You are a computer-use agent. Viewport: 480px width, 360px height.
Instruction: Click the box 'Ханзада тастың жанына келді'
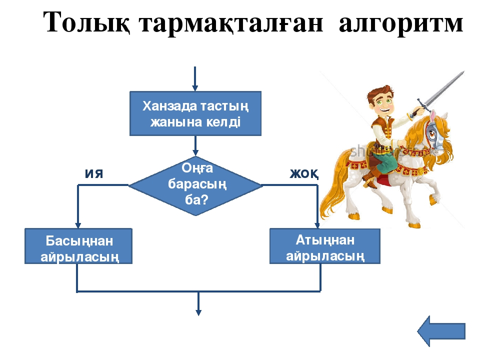click(195, 113)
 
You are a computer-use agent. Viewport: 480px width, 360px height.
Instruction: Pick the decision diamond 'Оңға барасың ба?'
click(195, 185)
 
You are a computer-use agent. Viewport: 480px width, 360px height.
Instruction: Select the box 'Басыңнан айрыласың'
click(78, 246)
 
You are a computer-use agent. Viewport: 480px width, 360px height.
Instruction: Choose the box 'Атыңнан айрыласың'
click(325, 246)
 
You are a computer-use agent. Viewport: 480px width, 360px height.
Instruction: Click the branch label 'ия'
click(94, 174)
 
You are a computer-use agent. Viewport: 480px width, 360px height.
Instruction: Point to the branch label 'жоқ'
click(304, 174)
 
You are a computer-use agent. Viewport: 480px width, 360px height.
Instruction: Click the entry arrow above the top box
click(195, 78)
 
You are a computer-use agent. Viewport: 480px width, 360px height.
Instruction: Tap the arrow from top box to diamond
click(195, 145)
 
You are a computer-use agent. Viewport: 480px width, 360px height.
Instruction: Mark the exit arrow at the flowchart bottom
click(198, 303)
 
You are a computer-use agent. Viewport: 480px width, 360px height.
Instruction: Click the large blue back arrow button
click(441, 331)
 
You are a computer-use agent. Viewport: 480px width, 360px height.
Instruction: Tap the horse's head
click(434, 129)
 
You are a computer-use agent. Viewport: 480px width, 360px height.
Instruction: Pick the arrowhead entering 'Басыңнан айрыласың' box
click(78, 225)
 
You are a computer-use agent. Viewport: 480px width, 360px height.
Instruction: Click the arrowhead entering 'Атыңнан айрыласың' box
click(317, 226)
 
